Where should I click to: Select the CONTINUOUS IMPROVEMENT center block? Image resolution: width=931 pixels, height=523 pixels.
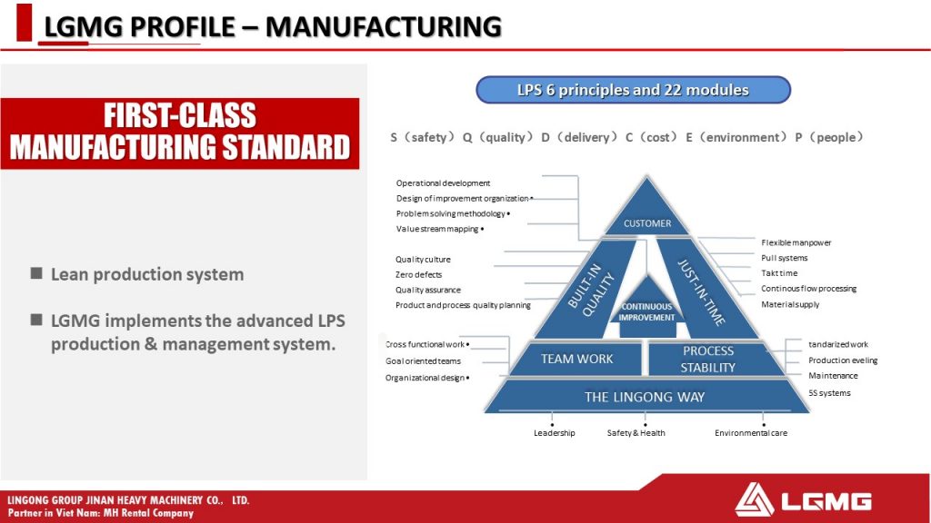pos(647,311)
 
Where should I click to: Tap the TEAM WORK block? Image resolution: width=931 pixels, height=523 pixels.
pos(576,359)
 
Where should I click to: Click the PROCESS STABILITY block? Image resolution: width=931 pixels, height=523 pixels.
pos(707,359)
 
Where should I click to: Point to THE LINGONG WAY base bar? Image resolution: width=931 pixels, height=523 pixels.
pos(646,397)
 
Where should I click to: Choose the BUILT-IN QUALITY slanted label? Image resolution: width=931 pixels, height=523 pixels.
pos(591,290)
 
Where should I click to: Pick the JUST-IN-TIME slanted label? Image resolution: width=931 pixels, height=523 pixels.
pos(702,291)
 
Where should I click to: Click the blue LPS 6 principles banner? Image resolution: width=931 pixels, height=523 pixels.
pos(633,90)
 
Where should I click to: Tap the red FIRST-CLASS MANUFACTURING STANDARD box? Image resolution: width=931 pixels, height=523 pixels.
pos(180,133)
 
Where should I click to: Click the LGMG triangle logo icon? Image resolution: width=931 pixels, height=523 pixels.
pos(754,500)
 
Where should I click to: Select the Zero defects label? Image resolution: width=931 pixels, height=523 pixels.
pos(418,274)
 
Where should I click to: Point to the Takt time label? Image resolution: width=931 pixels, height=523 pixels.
pos(779,273)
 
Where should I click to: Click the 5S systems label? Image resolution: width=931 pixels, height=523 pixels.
pos(829,393)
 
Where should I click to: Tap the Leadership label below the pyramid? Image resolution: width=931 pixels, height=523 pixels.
pos(554,433)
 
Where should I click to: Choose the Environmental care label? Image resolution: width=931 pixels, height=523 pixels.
pos(751,433)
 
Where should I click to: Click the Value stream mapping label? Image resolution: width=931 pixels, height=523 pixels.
pos(437,229)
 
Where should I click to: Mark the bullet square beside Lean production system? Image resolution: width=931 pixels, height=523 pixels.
pos(36,272)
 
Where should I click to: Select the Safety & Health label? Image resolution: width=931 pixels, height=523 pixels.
pos(636,433)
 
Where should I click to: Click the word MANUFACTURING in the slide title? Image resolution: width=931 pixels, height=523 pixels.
pos(384,26)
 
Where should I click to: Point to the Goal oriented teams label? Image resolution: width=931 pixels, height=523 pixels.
pos(423,361)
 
